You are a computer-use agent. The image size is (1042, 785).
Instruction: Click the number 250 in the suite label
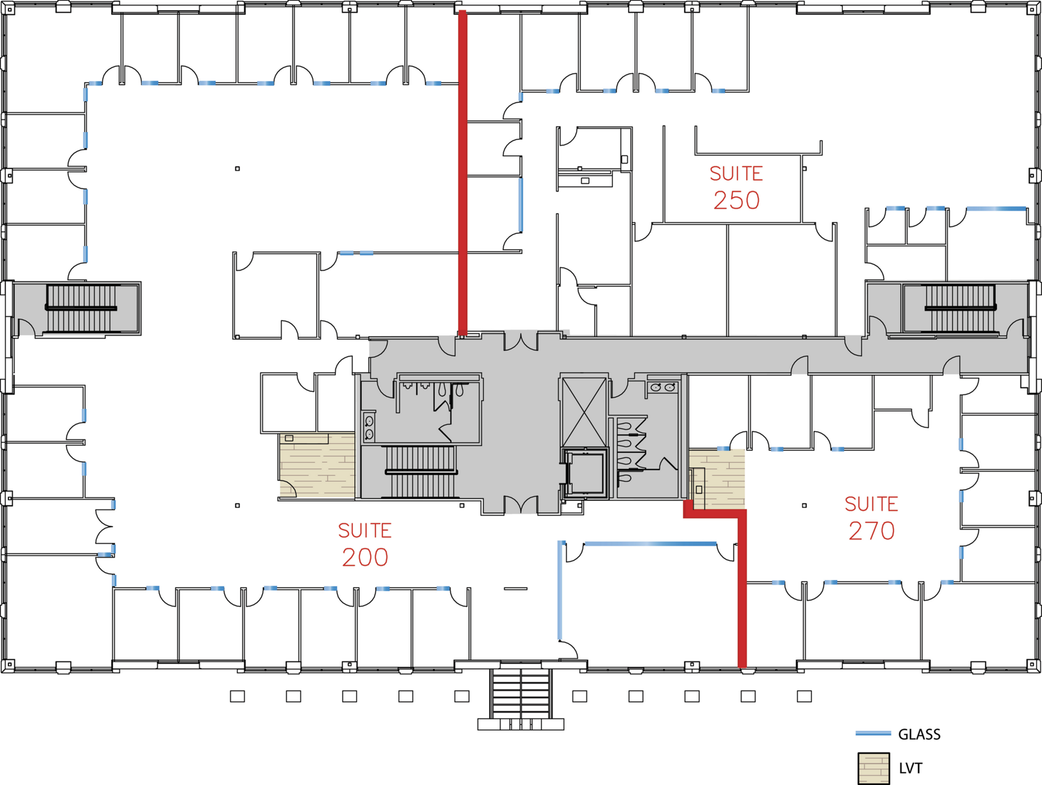(x=736, y=200)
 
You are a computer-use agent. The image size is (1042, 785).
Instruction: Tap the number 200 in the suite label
(x=365, y=557)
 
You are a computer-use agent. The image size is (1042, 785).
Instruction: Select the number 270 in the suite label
(x=872, y=531)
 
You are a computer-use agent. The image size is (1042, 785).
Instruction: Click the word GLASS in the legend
(x=919, y=735)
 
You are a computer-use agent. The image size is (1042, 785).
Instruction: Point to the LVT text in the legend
(x=911, y=769)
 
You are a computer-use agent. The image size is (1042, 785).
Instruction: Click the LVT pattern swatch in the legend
(x=874, y=768)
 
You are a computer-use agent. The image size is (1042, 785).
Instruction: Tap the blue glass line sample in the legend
(x=873, y=733)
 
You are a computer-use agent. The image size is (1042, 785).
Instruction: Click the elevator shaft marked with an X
(x=584, y=412)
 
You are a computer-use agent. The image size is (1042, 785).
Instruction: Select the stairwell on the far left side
(x=82, y=309)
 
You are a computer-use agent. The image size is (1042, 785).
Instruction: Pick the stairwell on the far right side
(x=960, y=309)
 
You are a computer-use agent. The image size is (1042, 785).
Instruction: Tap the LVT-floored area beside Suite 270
(x=717, y=479)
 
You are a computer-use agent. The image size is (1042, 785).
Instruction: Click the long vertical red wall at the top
(x=463, y=173)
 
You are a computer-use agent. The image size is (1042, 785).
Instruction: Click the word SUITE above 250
(x=736, y=174)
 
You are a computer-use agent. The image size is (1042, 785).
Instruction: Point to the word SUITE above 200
(x=365, y=531)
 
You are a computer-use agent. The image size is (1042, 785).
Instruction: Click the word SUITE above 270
(x=872, y=504)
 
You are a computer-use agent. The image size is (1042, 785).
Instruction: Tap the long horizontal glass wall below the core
(x=651, y=544)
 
